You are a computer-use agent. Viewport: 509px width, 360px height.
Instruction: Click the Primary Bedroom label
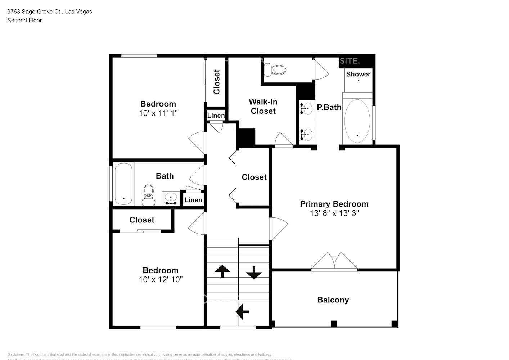(334, 204)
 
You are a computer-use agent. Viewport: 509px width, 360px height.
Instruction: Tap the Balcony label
(333, 300)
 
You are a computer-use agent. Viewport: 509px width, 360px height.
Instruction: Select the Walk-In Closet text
(263, 107)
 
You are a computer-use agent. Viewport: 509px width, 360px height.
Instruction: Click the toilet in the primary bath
(275, 70)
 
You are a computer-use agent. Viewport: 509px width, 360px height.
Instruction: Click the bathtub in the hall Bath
(124, 184)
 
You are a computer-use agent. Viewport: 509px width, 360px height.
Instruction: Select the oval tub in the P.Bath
(357, 121)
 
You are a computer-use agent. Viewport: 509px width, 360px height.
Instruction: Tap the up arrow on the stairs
(222, 271)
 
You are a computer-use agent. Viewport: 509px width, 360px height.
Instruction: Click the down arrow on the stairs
(254, 273)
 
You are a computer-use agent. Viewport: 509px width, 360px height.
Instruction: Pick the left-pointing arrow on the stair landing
(242, 311)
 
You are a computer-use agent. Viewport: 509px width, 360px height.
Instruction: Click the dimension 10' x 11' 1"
(158, 113)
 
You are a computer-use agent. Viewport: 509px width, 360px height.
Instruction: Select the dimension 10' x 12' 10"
(161, 279)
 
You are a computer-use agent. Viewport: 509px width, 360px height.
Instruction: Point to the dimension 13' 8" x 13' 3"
(334, 213)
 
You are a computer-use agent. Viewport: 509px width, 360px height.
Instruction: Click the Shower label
(358, 74)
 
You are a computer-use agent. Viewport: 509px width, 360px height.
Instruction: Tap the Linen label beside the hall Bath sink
(193, 200)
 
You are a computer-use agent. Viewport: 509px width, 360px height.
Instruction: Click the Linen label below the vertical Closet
(216, 116)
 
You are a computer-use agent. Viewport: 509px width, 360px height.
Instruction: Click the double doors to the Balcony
(334, 261)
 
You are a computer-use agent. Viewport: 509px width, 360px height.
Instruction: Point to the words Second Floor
(24, 20)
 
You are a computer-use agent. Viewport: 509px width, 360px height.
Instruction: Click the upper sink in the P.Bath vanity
(306, 108)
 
